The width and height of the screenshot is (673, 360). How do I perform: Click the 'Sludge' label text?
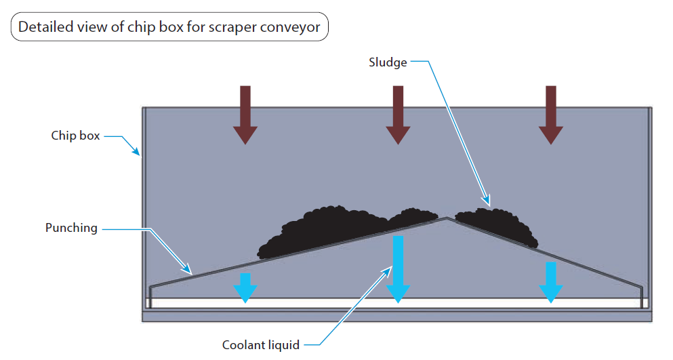pos(388,62)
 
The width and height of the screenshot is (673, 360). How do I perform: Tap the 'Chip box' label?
pos(75,136)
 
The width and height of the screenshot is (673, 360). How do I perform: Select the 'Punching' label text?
pos(71,228)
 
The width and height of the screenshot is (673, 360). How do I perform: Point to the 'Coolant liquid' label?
pos(261,345)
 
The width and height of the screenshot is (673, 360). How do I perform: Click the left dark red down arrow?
pos(245,115)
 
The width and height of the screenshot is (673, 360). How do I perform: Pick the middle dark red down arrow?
pos(398,115)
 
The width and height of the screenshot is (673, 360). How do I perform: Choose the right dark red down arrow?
pos(551,115)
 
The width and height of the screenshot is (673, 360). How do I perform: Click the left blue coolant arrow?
pos(245,288)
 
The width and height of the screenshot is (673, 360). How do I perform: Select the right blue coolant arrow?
pos(551,282)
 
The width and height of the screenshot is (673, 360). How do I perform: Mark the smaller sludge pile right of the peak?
pos(495,224)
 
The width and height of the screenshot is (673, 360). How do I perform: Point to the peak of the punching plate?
pos(445,218)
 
